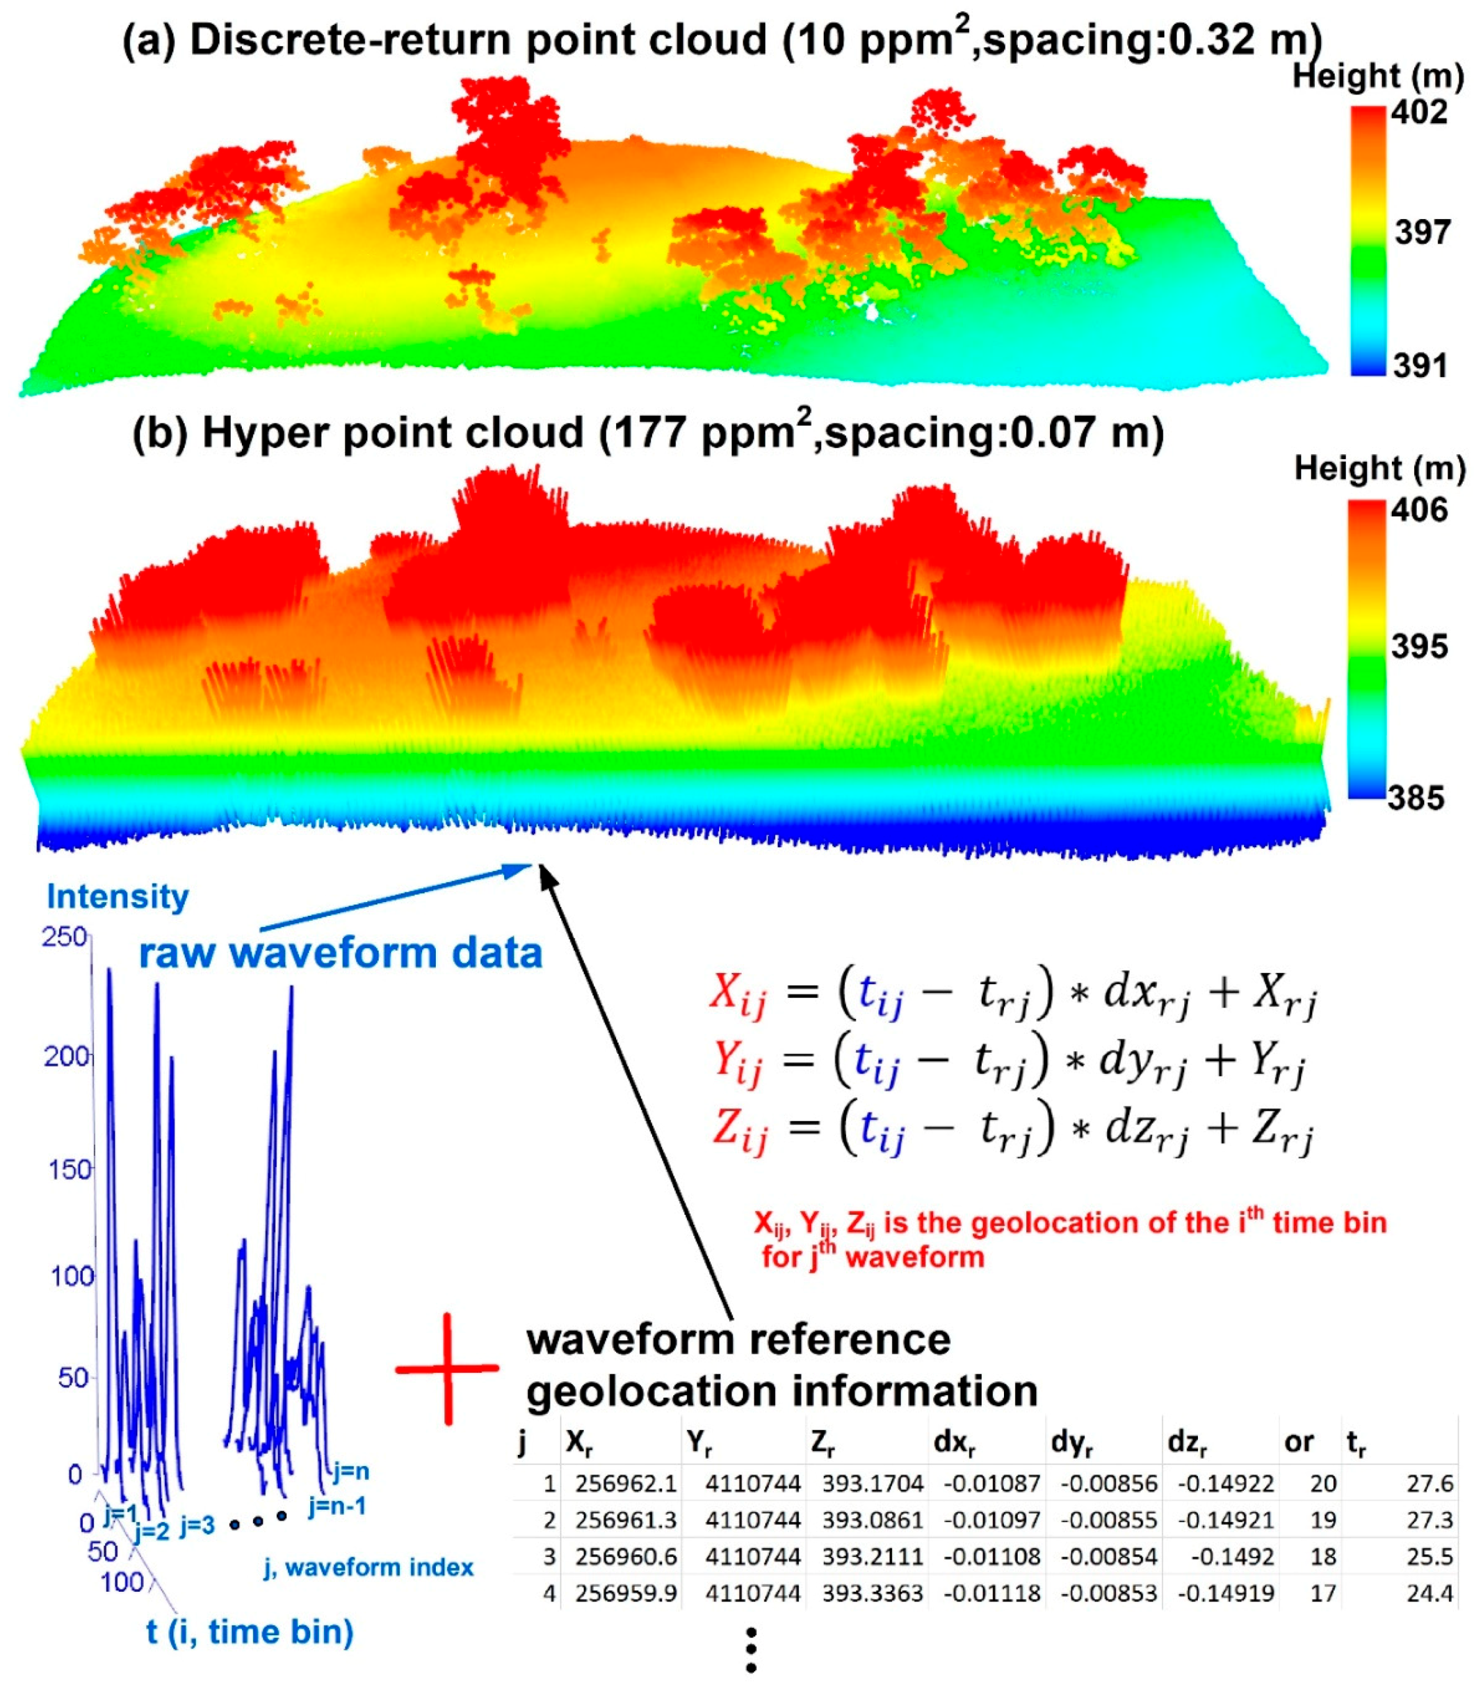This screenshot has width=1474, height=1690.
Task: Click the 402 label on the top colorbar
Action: tap(1419, 111)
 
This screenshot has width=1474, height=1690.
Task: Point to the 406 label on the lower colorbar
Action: tap(1419, 510)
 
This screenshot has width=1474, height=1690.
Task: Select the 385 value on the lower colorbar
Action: tap(1416, 797)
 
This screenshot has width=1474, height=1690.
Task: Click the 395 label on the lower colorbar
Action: tap(1419, 646)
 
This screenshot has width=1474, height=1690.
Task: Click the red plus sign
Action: tap(447, 1368)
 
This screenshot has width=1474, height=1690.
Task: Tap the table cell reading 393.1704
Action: tap(872, 1483)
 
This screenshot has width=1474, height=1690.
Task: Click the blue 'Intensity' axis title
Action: tap(118, 896)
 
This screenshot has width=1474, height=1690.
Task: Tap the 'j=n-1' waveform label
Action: tap(337, 1506)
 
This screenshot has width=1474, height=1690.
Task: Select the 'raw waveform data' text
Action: tap(341, 953)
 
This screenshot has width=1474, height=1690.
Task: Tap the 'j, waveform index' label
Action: tap(368, 1567)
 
